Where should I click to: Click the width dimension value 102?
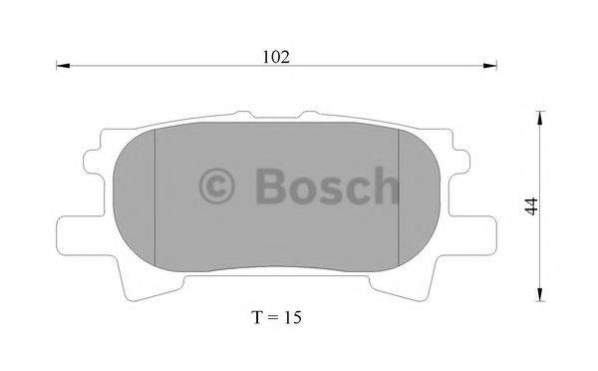(x=276, y=57)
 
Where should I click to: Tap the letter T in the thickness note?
(x=258, y=318)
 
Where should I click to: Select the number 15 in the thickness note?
(x=291, y=318)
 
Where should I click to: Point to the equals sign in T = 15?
(x=273, y=319)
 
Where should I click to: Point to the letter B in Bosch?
(x=268, y=185)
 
